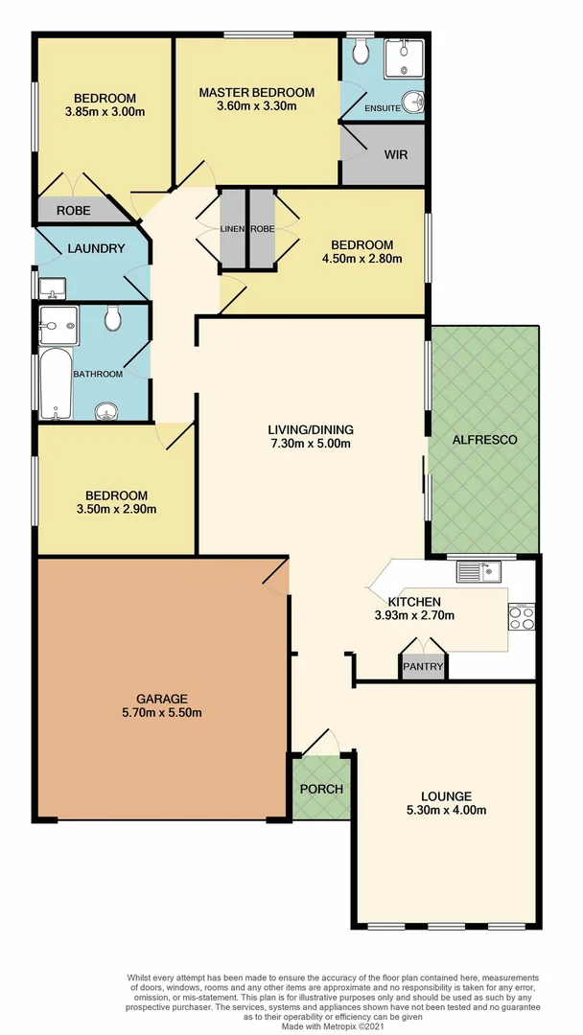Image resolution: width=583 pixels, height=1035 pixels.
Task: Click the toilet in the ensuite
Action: [361, 49]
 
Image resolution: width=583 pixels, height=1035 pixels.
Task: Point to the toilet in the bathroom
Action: [112, 317]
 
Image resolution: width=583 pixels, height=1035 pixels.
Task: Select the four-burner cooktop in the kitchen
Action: [522, 617]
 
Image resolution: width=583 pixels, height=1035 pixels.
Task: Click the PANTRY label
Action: [423, 666]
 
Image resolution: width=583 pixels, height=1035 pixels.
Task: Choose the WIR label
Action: [397, 154]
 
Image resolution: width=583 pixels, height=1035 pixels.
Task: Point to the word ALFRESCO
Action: [486, 440]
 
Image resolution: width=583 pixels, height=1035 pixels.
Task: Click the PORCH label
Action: [321, 789]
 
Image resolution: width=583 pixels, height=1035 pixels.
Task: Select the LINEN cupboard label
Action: [233, 230]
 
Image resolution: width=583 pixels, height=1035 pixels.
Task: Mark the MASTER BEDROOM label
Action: [256, 92]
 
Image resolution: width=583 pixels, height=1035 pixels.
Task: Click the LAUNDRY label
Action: [96, 248]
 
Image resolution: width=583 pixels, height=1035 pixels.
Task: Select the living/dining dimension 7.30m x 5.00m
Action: [310, 443]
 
